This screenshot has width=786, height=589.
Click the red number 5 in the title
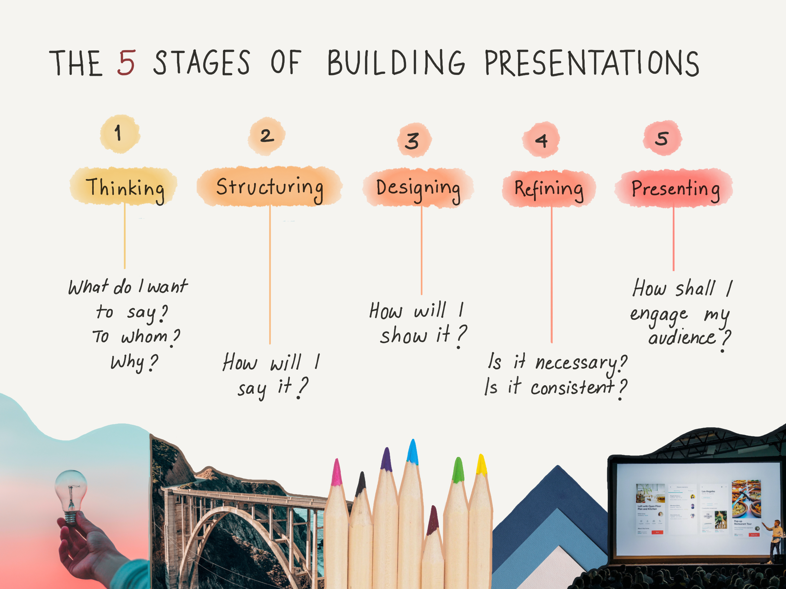(x=126, y=63)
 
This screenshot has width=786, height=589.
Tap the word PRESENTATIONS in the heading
(x=592, y=63)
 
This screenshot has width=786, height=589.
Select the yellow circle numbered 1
(x=120, y=134)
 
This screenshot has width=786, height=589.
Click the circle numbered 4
(x=541, y=140)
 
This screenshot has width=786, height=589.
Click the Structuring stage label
(x=269, y=187)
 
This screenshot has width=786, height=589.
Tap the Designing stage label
(x=418, y=188)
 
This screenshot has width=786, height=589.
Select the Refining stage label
(x=549, y=189)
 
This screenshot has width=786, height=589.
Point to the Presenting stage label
(x=674, y=188)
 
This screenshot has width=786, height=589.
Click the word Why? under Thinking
(x=134, y=363)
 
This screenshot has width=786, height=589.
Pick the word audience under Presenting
(x=681, y=337)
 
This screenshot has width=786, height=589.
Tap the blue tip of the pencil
(x=412, y=452)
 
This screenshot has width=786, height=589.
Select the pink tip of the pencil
(x=336, y=472)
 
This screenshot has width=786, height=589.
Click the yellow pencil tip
(x=481, y=464)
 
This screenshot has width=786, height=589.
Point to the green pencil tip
(x=458, y=470)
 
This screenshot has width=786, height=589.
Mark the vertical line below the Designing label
(x=421, y=251)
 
